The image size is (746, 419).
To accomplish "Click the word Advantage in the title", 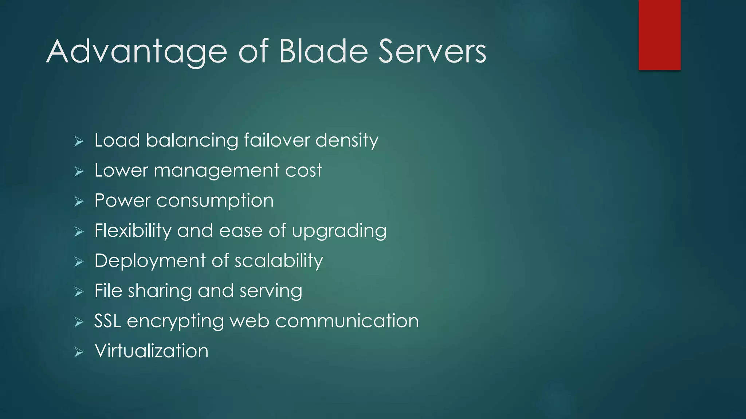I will [x=137, y=52].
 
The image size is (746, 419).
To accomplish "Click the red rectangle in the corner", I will [x=659, y=35].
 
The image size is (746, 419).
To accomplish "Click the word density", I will [x=347, y=141].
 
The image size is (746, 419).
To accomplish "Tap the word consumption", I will [x=215, y=201].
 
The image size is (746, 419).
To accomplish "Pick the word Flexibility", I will [x=133, y=231].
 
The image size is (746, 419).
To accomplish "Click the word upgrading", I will [x=339, y=231].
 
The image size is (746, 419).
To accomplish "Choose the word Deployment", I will [x=150, y=261].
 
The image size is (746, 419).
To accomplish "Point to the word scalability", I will [x=279, y=261].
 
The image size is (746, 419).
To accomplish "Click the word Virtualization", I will [x=151, y=351].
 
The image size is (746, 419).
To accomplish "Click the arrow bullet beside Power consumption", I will [x=79, y=201].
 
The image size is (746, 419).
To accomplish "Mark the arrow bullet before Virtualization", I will [x=79, y=352].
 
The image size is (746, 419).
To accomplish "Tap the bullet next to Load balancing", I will [x=79, y=141].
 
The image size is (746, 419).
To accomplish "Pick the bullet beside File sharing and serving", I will [x=79, y=292].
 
